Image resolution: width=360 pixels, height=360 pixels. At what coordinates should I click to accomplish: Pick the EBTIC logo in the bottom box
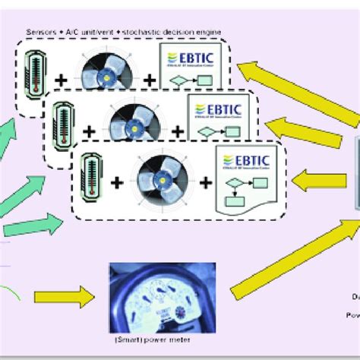point(241,159)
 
